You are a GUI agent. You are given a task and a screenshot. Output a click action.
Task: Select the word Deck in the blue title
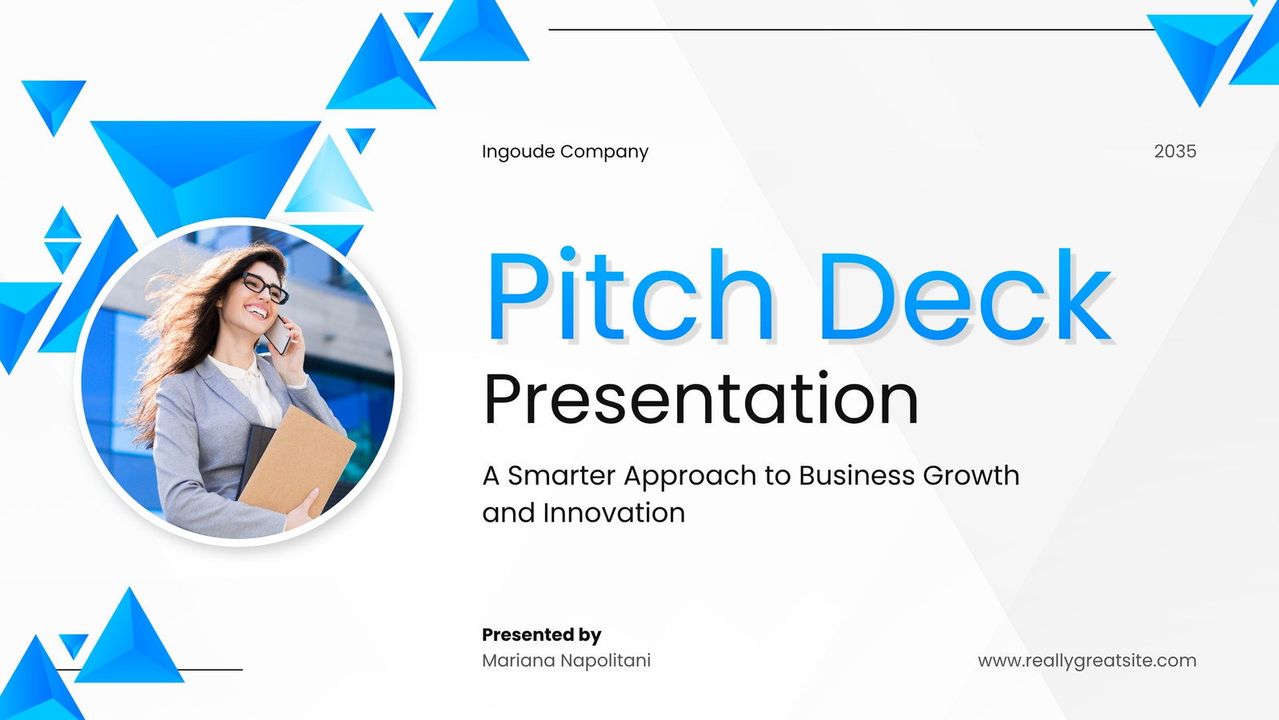(966, 295)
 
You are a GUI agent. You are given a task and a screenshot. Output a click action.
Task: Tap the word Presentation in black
(700, 398)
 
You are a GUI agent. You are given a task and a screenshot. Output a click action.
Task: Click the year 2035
(1175, 151)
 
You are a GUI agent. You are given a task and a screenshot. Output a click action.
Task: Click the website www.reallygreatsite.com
(1087, 661)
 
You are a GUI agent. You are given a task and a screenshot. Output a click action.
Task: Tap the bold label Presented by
(541, 635)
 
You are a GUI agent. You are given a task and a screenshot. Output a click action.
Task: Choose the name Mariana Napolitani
(567, 661)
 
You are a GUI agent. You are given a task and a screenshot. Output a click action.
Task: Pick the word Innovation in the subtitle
(614, 513)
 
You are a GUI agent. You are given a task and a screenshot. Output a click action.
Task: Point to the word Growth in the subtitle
(970, 475)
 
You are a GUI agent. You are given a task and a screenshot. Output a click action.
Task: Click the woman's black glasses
(265, 287)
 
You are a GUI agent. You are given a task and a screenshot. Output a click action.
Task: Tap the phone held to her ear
(279, 334)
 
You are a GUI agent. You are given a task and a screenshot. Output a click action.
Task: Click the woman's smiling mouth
(257, 311)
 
